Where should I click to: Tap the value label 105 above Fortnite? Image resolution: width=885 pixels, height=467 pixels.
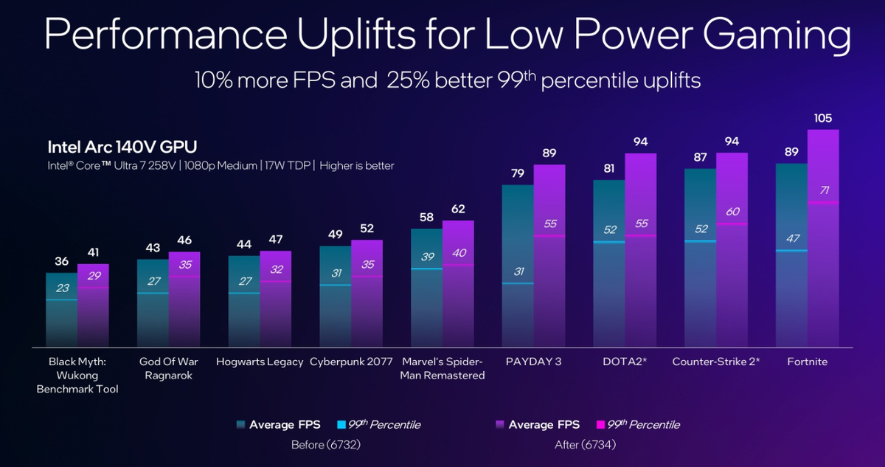pos(823,119)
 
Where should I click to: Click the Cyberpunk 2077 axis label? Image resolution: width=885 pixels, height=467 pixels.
pos(351,362)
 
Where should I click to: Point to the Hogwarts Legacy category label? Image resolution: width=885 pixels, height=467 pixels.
pos(260,362)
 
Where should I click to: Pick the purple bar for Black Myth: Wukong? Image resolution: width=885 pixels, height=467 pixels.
pos(93,310)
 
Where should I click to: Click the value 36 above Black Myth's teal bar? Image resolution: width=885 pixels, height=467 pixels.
pos(62,261)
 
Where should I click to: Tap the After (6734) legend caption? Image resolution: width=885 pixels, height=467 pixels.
pos(585,445)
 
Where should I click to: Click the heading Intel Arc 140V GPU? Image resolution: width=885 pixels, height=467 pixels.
pos(122,145)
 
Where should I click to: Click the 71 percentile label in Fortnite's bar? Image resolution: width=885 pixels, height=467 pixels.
pos(823,191)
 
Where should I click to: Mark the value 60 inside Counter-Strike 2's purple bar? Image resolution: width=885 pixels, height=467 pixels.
pos(732,212)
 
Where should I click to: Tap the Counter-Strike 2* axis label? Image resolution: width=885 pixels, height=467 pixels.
pos(715,362)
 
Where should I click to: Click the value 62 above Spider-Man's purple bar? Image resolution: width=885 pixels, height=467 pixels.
pos(458,209)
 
